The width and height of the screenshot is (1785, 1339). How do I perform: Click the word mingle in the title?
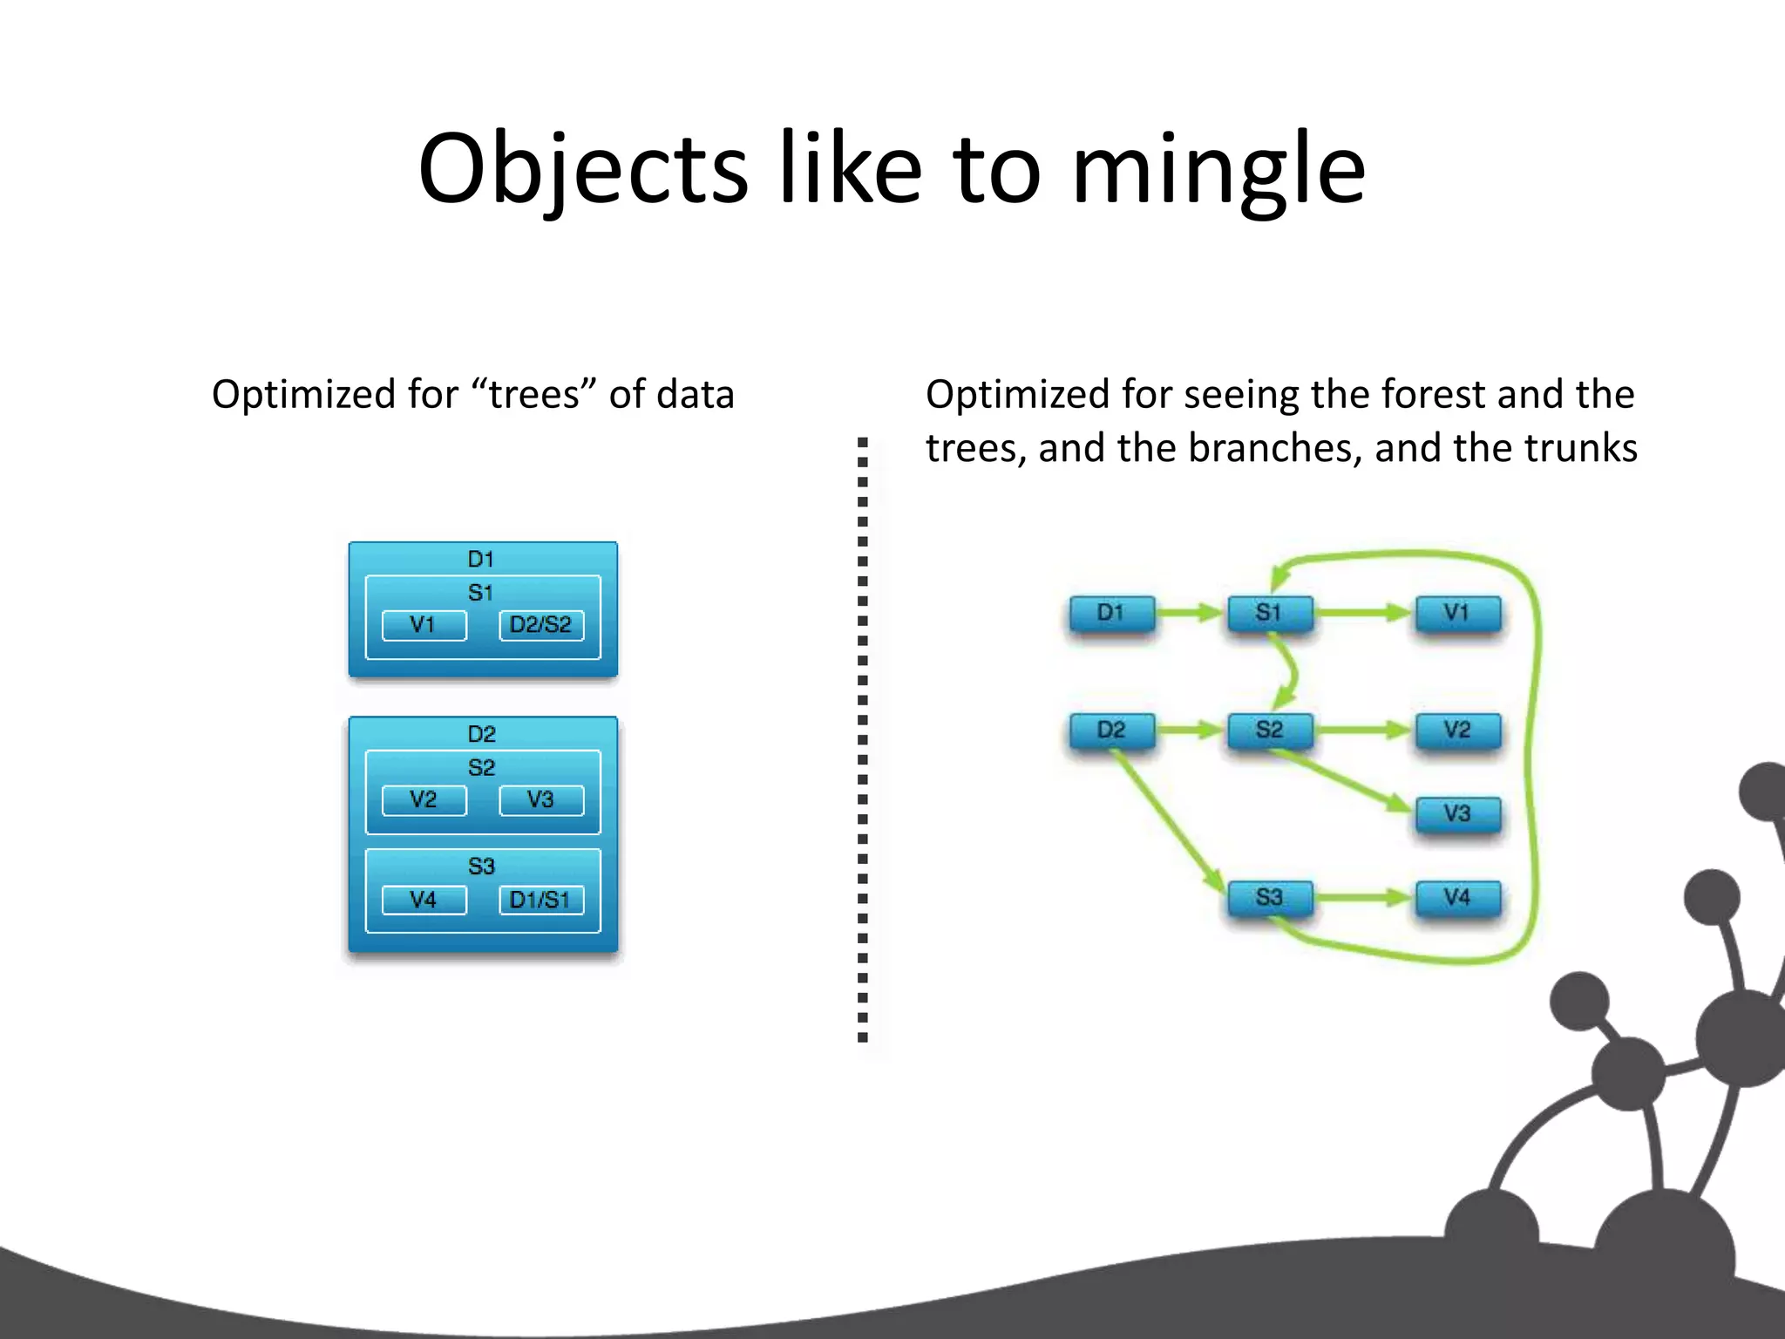(x=1218, y=170)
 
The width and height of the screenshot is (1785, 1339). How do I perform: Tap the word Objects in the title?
(x=582, y=170)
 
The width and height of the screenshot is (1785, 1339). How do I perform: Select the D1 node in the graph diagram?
(x=1111, y=613)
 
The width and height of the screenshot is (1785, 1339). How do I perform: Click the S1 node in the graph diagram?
(x=1269, y=613)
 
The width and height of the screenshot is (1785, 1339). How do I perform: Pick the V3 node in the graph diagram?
(x=1457, y=813)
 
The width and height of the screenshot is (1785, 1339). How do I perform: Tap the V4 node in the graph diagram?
(x=1457, y=897)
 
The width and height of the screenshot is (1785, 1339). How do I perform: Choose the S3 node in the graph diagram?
(x=1269, y=897)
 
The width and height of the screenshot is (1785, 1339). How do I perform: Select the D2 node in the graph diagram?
(x=1111, y=730)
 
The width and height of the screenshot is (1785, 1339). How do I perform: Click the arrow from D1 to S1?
(x=1191, y=613)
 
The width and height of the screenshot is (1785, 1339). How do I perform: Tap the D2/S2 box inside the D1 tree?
(x=540, y=625)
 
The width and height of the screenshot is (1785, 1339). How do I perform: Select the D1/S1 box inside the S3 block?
(x=540, y=900)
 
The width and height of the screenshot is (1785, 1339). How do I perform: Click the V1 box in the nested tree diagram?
(x=424, y=625)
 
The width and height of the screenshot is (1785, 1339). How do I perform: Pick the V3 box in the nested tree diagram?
(x=540, y=799)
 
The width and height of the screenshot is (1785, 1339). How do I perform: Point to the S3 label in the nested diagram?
(x=481, y=867)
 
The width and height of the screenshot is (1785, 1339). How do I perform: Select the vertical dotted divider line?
(x=862, y=741)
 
